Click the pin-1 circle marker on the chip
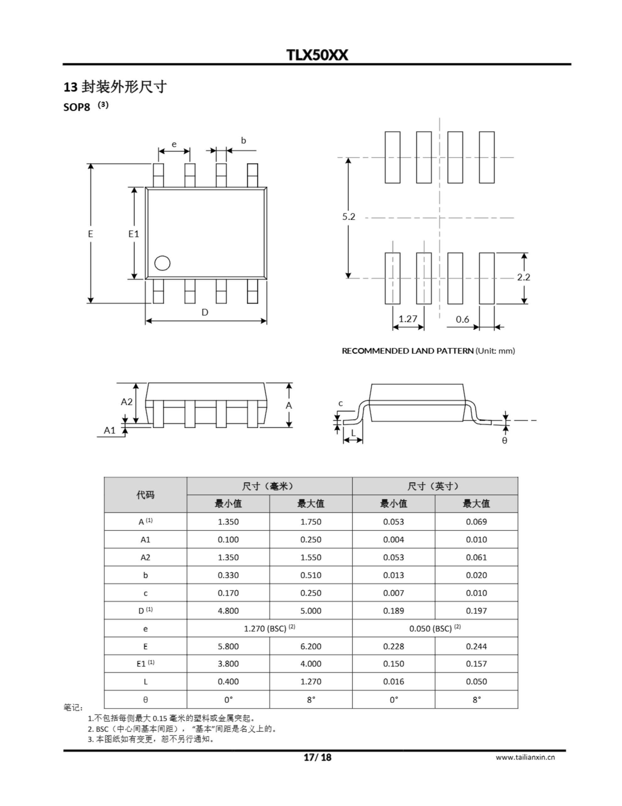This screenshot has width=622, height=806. click(x=162, y=263)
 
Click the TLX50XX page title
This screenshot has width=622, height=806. click(x=317, y=55)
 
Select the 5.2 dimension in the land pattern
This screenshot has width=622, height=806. click(x=348, y=217)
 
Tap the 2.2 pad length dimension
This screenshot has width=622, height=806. click(x=523, y=277)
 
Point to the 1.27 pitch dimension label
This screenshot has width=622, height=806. click(x=408, y=319)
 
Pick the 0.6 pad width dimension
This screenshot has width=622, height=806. click(x=462, y=319)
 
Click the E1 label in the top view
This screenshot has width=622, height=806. click(x=133, y=234)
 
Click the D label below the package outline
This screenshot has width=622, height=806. click(x=205, y=313)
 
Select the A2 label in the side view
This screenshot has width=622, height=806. click(x=126, y=402)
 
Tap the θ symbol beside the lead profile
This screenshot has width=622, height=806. click(x=505, y=440)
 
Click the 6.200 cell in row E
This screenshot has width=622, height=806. click(x=311, y=646)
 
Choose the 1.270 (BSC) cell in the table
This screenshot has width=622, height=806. click(x=269, y=628)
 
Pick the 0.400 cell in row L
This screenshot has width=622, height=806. click(x=228, y=682)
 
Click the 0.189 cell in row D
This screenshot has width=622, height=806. click(x=393, y=611)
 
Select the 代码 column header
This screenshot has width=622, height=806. click(x=145, y=495)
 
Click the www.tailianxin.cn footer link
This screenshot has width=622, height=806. click(x=525, y=757)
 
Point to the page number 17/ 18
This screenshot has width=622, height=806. click(x=318, y=757)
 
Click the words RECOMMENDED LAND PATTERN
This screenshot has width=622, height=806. click(x=408, y=351)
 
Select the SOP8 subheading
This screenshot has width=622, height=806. click(x=77, y=107)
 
